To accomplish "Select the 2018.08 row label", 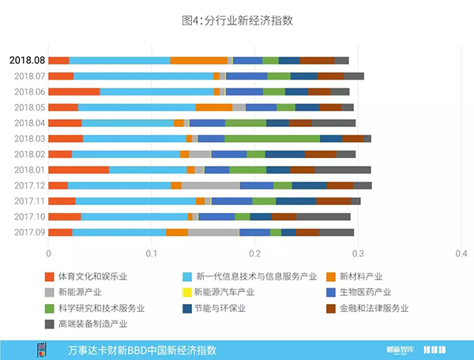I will (27, 60).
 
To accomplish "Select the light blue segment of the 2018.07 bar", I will (143, 76).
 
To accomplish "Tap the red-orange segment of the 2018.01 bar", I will (78, 170).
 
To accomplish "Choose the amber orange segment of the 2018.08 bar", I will (198, 60).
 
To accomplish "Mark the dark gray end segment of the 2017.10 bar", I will (323, 216).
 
